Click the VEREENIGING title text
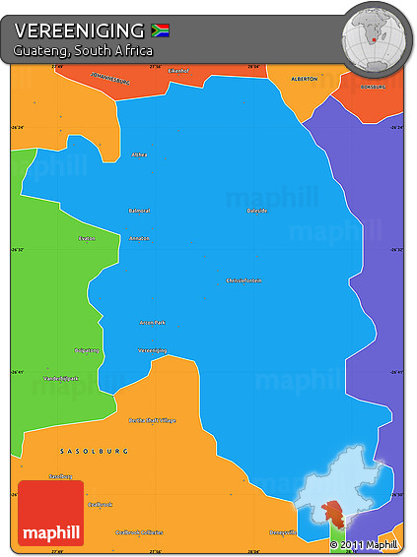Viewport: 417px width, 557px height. click(80, 30)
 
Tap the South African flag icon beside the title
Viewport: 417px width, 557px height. click(161, 30)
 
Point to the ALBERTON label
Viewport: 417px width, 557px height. click(306, 78)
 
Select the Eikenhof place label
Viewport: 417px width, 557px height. click(178, 71)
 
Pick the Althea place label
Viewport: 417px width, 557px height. click(139, 155)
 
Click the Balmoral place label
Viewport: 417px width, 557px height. click(139, 210)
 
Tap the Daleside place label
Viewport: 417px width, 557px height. click(257, 210)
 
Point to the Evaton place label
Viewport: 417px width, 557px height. click(86, 238)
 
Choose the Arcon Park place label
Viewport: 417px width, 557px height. click(152, 322)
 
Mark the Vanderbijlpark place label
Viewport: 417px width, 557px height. click(61, 378)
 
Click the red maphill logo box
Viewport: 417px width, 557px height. click(50, 513)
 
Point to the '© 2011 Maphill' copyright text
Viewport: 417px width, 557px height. click(364, 544)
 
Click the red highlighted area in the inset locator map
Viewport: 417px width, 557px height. click(333, 514)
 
